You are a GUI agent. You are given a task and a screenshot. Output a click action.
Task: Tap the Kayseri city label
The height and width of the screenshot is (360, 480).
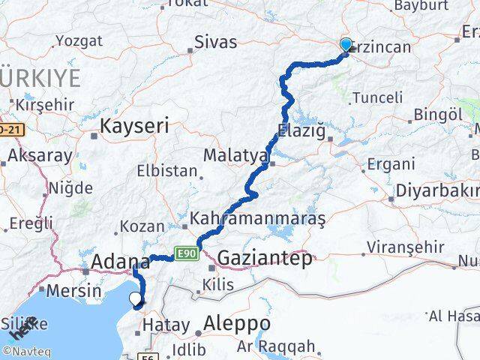pyautogui.click(x=135, y=126)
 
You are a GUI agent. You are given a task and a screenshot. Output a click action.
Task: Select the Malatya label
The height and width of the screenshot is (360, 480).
pyautogui.click(x=235, y=156)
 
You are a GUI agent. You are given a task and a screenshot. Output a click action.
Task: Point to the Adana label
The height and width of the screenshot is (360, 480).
pyautogui.click(x=120, y=262)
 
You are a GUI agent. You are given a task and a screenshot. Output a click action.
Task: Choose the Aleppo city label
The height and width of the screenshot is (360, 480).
pyautogui.click(x=232, y=324)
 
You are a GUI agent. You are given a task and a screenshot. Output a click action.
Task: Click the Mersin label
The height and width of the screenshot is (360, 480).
pyautogui.click(x=73, y=291)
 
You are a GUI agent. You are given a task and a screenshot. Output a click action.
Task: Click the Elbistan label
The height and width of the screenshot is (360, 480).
pyautogui.click(x=166, y=170)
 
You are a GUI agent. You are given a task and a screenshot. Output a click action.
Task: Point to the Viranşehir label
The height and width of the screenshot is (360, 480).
pyautogui.click(x=405, y=247)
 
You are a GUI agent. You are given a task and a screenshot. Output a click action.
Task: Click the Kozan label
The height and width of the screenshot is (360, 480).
pyautogui.click(x=142, y=225)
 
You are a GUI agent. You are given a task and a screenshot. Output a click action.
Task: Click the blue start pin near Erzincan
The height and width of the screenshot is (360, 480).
pyautogui.click(x=346, y=45)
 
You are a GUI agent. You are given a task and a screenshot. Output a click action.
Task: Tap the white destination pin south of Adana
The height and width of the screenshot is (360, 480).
pyautogui.click(x=135, y=298)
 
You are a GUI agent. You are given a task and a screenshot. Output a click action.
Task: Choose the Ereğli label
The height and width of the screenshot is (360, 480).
pyautogui.click(x=31, y=223)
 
